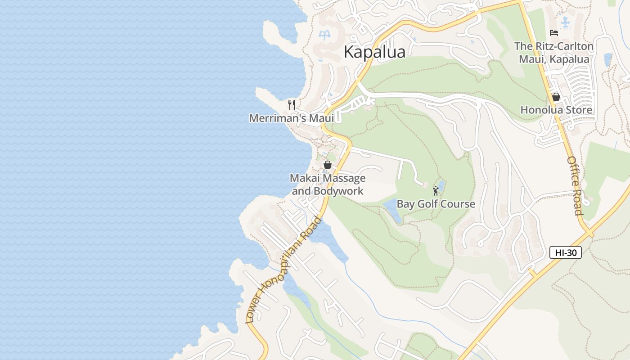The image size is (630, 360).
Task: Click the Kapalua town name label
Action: coord(374,52)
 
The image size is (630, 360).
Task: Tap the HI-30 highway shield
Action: coord(566,252)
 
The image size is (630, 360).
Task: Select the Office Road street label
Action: coord(575,185)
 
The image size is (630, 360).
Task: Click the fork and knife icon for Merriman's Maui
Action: coord(292,105)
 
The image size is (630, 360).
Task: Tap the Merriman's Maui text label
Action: coord(292,118)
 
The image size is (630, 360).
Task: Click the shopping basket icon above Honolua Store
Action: coord(556,97)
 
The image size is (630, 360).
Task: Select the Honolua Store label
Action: coord(556,110)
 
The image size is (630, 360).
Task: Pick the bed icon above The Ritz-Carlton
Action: coord(554,33)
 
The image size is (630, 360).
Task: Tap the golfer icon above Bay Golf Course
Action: coord(435,191)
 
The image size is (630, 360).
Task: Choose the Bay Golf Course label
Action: coord(436,204)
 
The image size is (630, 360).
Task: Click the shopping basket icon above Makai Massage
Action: coord(328,165)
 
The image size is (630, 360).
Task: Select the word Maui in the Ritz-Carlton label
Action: coord(531,59)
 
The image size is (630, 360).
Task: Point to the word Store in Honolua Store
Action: coord(580,110)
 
